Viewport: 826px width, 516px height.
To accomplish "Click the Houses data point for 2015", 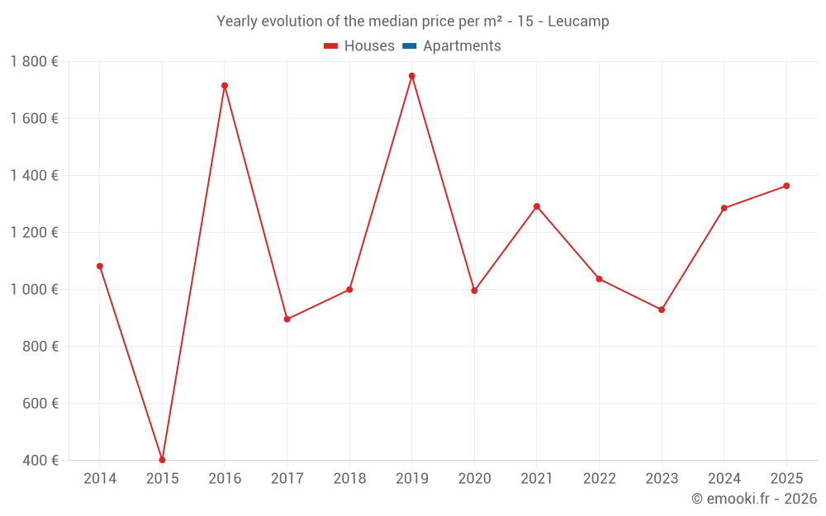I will point(162,460).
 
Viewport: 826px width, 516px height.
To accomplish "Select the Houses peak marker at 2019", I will point(412,76).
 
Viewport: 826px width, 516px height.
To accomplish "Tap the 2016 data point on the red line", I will point(225,86).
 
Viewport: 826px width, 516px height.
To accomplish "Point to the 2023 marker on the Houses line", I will point(662,310).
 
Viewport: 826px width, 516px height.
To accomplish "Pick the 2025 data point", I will point(786,186).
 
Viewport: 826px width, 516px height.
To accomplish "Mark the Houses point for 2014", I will point(100,266).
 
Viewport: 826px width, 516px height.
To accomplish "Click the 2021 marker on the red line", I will point(537,206).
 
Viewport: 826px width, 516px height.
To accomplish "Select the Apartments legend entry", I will point(462,46).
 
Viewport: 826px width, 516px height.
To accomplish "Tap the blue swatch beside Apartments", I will point(409,46).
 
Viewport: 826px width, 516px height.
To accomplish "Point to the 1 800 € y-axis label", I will point(34,62).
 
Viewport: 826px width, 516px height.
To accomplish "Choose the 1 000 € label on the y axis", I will point(34,290).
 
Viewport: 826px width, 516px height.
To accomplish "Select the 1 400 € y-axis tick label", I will point(34,176).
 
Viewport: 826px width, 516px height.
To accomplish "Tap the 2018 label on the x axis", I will point(349,479).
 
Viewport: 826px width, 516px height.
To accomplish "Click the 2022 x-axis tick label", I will point(599,479).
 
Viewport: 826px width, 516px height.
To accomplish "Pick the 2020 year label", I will point(474,479).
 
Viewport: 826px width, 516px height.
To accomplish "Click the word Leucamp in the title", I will point(583,21).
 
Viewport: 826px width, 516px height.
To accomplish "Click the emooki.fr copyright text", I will point(754,499).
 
